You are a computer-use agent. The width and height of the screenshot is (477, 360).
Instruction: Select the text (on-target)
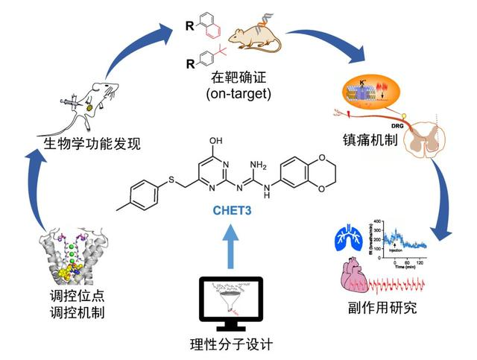234,94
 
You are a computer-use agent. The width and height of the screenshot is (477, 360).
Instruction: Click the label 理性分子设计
233,344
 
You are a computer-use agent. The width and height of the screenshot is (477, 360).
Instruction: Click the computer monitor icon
233,303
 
